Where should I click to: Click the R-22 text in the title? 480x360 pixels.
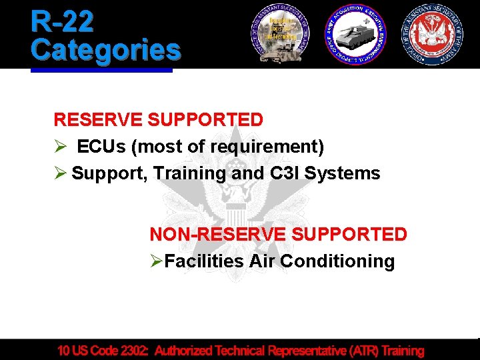(62, 22)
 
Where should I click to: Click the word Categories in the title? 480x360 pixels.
(105, 49)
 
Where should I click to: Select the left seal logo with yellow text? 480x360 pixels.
(280, 33)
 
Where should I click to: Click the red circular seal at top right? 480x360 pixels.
(433, 33)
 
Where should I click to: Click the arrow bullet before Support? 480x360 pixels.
(60, 173)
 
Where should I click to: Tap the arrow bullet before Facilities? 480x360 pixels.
(156, 261)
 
